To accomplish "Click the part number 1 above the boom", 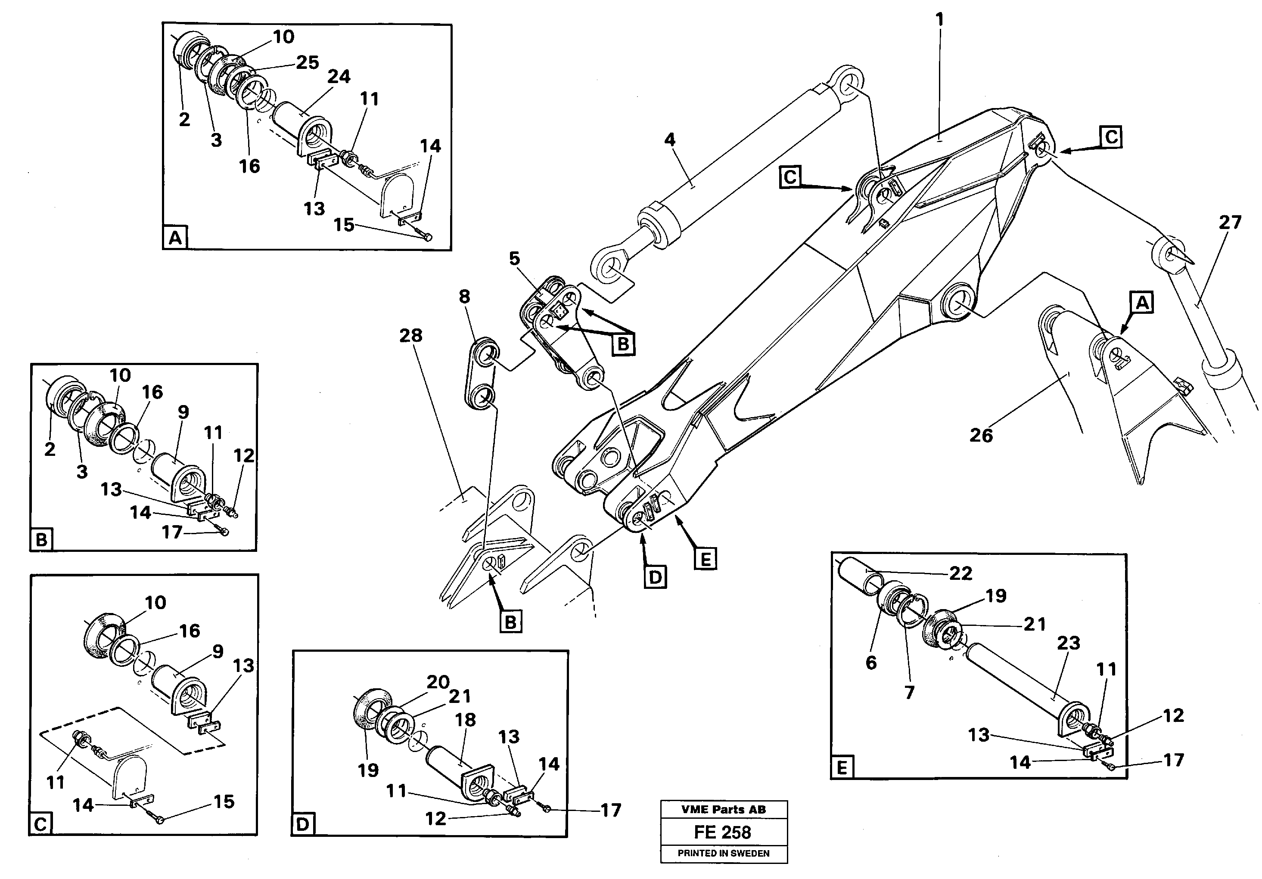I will click(939, 20).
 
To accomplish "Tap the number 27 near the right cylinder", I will click(1230, 223).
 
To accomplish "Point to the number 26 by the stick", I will click(981, 436).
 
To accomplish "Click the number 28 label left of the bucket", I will click(410, 335).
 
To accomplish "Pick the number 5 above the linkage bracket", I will click(514, 258).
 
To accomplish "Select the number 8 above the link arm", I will click(464, 297).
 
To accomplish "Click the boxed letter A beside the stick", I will click(1142, 303).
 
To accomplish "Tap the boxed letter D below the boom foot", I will click(655, 577).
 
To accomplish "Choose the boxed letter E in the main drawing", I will click(705, 559).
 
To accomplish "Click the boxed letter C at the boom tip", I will click(1111, 137).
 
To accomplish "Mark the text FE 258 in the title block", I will click(723, 833).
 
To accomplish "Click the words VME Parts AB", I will click(723, 809).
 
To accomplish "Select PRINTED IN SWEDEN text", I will click(723, 853).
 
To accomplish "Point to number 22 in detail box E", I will click(961, 573).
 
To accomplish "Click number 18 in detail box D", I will click(466, 720).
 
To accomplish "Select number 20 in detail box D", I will click(438, 682).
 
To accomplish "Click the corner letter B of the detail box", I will click(42, 539).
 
